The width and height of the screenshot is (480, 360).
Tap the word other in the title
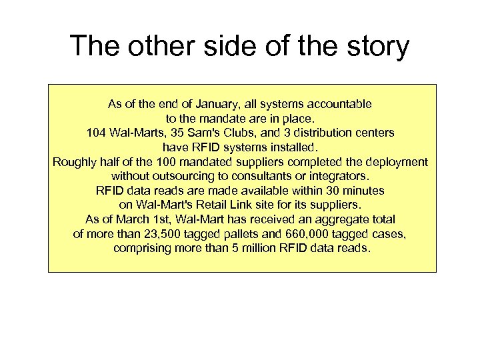[x=155, y=46]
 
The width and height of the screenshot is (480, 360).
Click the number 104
[x=97, y=133]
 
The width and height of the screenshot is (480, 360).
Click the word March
[x=139, y=219]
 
